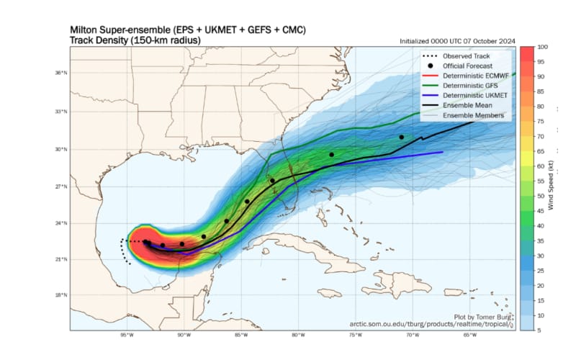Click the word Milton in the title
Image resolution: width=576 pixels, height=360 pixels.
(x=86, y=30)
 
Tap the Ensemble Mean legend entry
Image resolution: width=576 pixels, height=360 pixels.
(x=466, y=106)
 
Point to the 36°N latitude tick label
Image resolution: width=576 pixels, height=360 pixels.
(x=61, y=73)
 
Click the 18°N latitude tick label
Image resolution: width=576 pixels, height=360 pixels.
(x=61, y=295)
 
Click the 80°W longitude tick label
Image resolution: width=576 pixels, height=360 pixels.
(x=297, y=336)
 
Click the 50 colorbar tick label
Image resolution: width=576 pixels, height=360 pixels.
(x=541, y=195)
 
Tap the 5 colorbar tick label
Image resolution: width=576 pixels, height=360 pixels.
(x=539, y=330)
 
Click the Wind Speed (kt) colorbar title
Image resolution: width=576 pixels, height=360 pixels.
(x=560, y=187)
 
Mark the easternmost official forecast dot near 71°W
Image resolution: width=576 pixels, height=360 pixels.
(x=402, y=137)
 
